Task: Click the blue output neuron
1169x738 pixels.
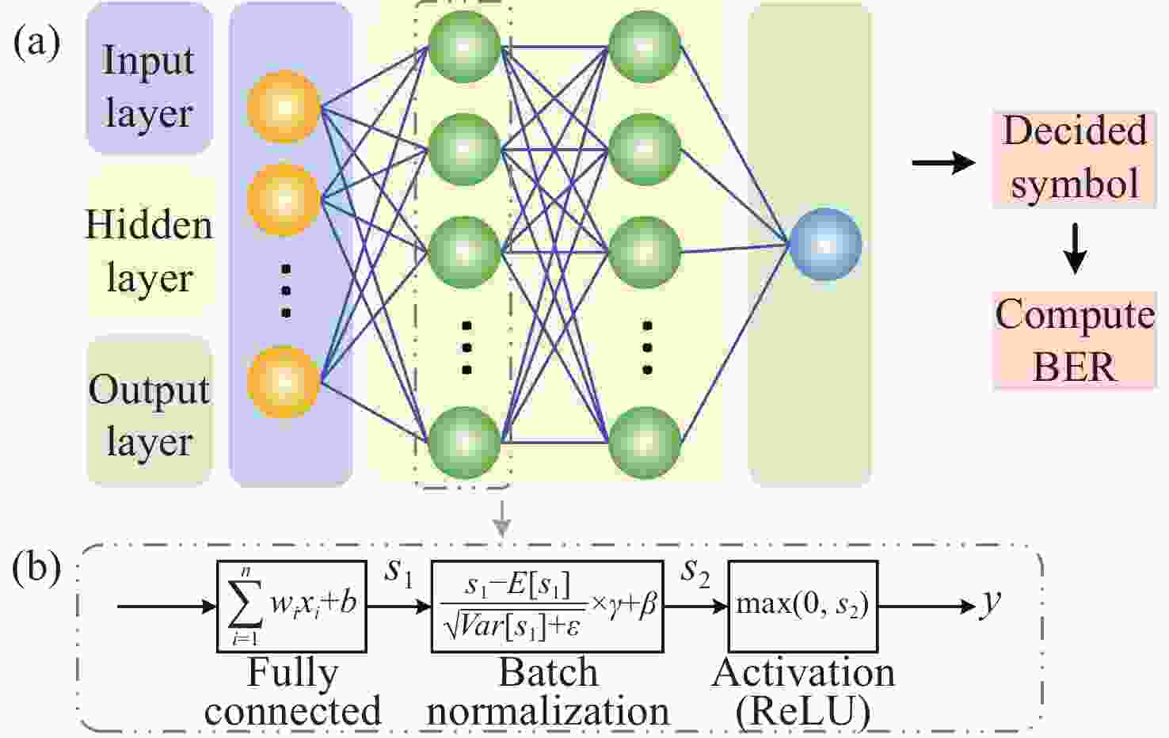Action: (824, 244)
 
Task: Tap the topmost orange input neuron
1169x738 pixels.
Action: (284, 107)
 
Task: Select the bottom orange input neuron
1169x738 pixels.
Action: (284, 382)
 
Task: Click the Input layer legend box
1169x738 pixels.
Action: (150, 78)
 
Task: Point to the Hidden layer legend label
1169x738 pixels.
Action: (150, 249)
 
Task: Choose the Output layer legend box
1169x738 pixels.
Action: (150, 413)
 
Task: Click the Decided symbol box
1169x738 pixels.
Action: (1074, 158)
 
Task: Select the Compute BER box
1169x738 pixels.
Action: (1074, 340)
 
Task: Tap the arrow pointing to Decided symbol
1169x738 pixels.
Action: (943, 163)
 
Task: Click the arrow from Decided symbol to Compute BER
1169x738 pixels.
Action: (1075, 249)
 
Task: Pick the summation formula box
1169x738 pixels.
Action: (291, 607)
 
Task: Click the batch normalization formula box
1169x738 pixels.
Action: (547, 607)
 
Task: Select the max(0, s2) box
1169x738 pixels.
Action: (803, 607)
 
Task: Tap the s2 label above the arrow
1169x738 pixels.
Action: (695, 573)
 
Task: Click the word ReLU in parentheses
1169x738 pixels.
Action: (803, 712)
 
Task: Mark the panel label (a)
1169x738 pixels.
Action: (36, 43)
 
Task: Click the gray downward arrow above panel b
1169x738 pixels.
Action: (501, 519)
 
